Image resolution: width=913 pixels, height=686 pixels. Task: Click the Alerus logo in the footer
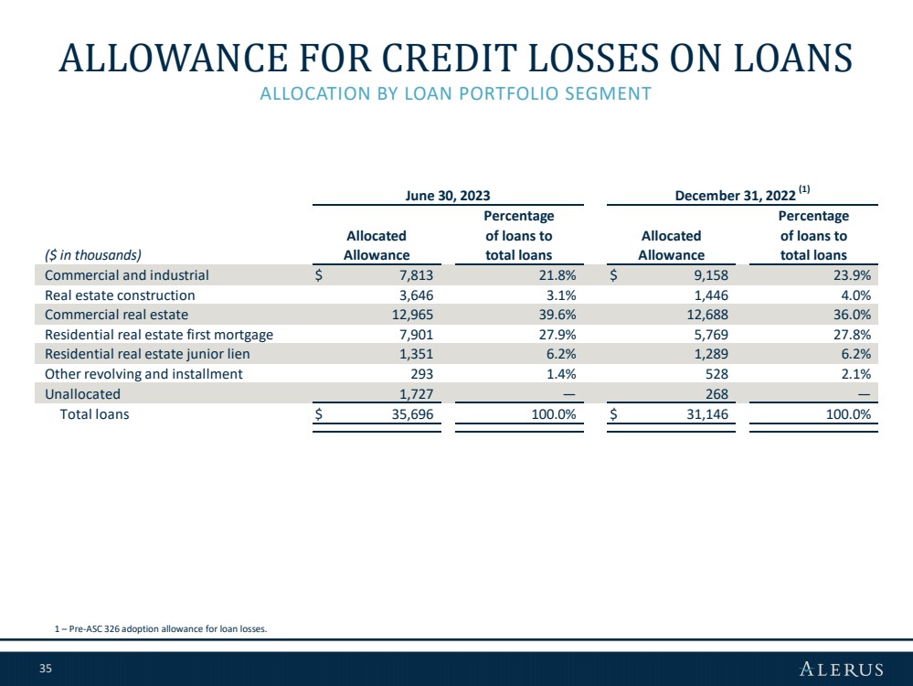pyautogui.click(x=842, y=669)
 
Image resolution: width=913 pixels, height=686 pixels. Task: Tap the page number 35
pyautogui.click(x=46, y=669)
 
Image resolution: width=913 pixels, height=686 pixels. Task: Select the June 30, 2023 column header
pyautogui.click(x=448, y=195)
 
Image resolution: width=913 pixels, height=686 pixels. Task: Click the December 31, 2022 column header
pyautogui.click(x=736, y=195)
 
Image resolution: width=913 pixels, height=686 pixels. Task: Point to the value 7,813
pyautogui.click(x=416, y=275)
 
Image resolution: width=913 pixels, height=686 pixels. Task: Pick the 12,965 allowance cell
pyautogui.click(x=412, y=315)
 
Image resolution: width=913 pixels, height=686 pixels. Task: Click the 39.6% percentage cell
pyautogui.click(x=557, y=315)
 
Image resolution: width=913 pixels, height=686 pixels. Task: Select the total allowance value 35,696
pyautogui.click(x=412, y=414)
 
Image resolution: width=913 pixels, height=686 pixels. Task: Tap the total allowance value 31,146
pyautogui.click(x=706, y=414)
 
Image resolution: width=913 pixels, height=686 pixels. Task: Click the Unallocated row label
pyautogui.click(x=82, y=394)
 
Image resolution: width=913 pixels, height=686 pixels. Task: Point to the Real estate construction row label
pyautogui.click(x=120, y=295)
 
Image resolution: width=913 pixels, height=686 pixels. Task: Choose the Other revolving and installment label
pyautogui.click(x=143, y=374)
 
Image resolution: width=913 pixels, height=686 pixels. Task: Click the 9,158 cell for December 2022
pyautogui.click(x=711, y=275)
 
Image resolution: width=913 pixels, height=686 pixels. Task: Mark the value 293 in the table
pyautogui.click(x=422, y=374)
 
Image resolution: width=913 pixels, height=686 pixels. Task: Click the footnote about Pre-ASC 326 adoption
pyautogui.click(x=161, y=629)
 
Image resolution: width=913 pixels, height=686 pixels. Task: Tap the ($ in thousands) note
pyautogui.click(x=93, y=255)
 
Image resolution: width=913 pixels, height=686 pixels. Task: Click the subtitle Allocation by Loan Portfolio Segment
pyautogui.click(x=455, y=94)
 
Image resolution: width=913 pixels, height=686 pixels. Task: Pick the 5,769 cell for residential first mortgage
pyautogui.click(x=711, y=335)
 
